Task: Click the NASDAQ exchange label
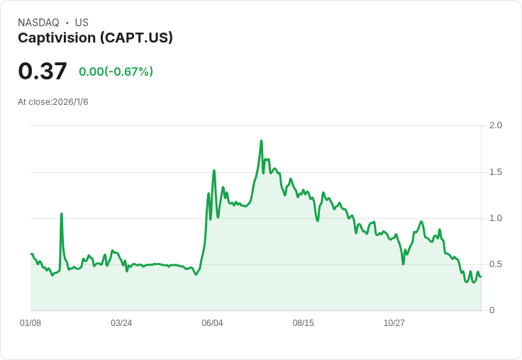point(38,23)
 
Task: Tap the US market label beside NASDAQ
point(82,23)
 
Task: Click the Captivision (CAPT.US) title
point(95,38)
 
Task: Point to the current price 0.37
point(43,71)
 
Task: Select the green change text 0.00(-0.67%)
point(116,72)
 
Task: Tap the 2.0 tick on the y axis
point(496,125)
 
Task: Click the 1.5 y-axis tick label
point(496,172)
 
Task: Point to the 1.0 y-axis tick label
point(496,218)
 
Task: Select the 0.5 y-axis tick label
point(496,264)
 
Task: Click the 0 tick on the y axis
point(492,310)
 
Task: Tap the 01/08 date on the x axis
point(30,323)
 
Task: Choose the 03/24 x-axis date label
point(121,323)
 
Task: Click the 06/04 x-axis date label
point(212,323)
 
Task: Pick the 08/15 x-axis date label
point(303,323)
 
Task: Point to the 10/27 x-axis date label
point(394,323)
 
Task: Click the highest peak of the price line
point(261,141)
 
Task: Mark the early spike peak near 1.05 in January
point(61,213)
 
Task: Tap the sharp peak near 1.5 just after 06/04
point(214,171)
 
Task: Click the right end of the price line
point(480,276)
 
